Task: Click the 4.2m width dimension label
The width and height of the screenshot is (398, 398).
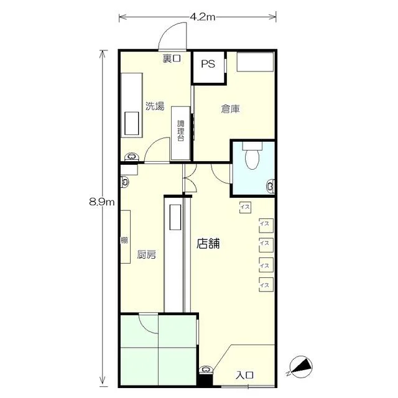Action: click(203, 17)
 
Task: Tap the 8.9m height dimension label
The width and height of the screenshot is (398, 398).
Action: click(102, 202)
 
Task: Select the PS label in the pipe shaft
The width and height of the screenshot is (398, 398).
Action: click(208, 64)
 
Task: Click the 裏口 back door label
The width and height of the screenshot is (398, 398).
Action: click(172, 58)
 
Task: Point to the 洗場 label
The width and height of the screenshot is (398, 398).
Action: click(155, 106)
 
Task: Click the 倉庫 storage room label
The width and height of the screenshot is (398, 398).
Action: click(230, 109)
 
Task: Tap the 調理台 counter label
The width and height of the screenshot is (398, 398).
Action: click(180, 131)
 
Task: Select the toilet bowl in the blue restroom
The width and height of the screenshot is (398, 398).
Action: click(252, 155)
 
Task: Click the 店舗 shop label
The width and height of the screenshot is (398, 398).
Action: click(208, 243)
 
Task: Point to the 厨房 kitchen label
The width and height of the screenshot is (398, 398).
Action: click(147, 254)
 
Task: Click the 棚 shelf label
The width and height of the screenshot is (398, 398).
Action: click(124, 240)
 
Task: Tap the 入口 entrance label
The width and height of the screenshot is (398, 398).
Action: click(244, 375)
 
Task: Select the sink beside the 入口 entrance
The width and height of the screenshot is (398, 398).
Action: click(206, 369)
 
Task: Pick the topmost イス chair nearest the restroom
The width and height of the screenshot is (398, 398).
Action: click(245, 207)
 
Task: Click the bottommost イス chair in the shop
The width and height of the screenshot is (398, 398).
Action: click(266, 285)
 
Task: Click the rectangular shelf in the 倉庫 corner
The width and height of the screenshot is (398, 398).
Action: click(255, 62)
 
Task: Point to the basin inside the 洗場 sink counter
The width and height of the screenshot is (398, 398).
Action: click(131, 123)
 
